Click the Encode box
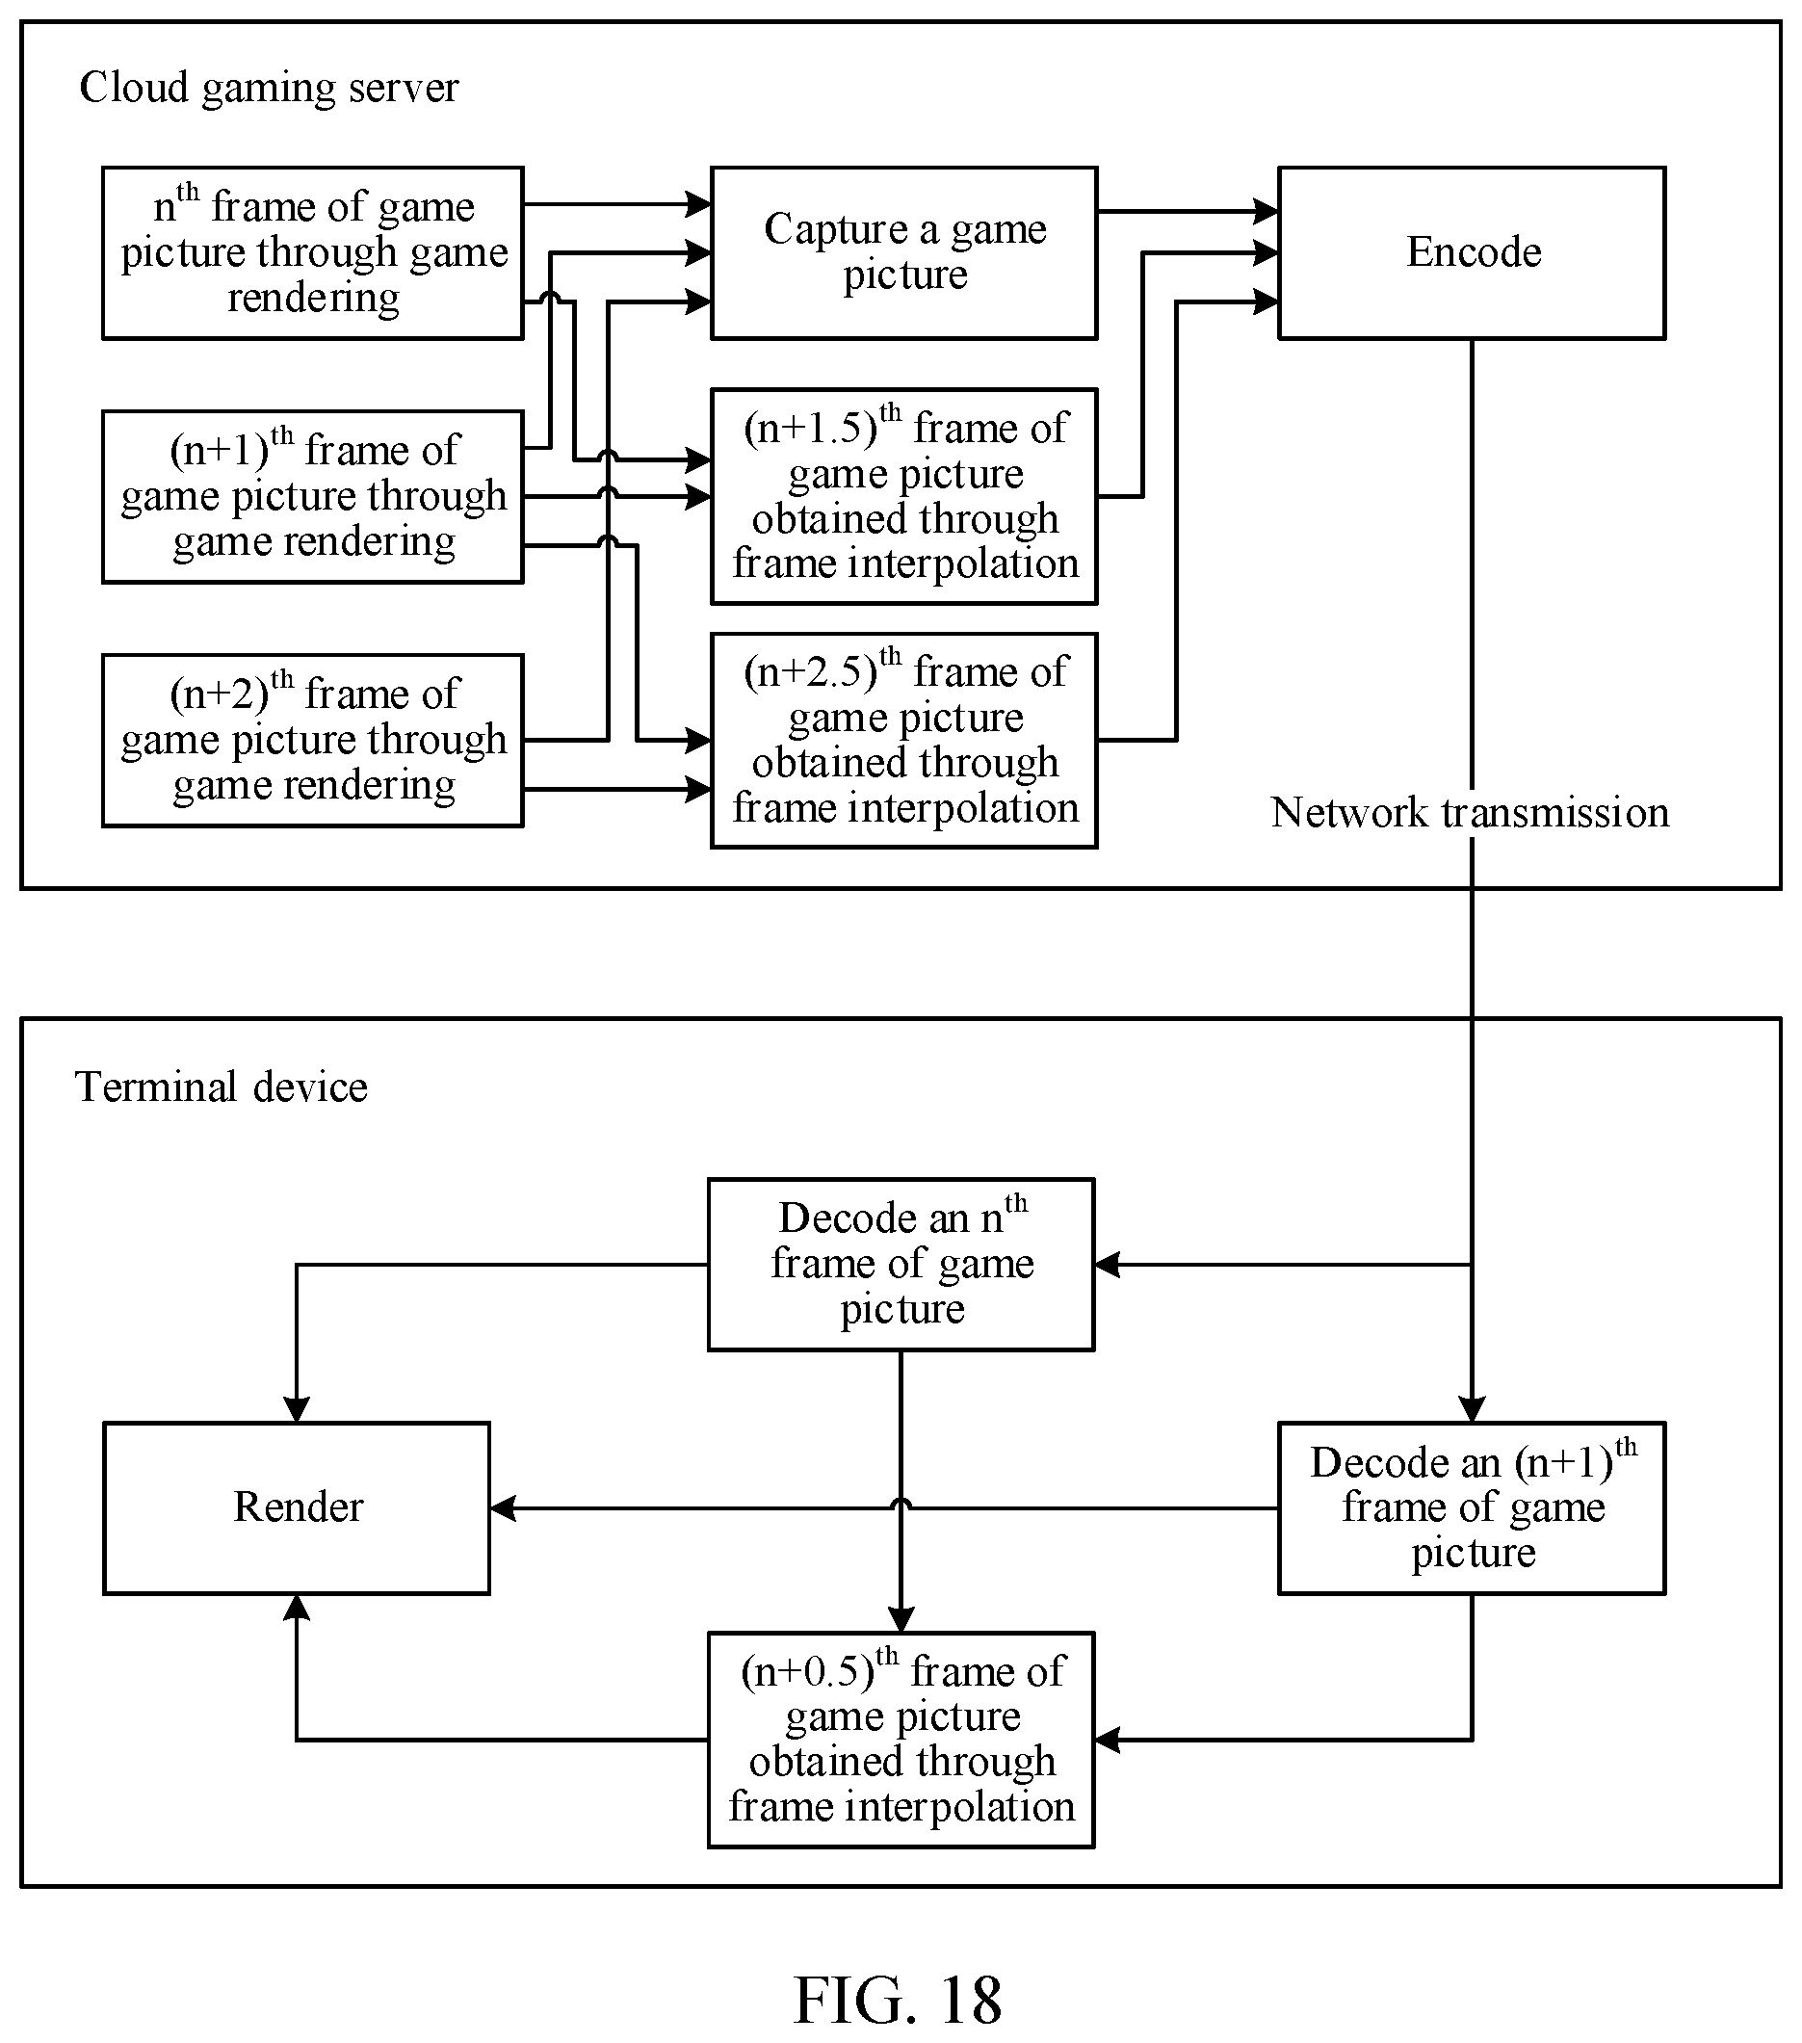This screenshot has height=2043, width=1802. (x=1472, y=253)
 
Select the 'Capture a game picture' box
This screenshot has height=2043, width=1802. (x=903, y=253)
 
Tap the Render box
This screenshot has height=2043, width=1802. (x=297, y=1507)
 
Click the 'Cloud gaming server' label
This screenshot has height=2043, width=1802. (x=269, y=88)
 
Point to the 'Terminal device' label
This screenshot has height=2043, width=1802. (x=221, y=1087)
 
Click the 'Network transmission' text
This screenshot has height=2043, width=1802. (x=1470, y=813)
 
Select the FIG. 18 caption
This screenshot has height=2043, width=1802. (x=898, y=1998)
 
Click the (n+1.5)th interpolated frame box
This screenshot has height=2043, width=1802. (x=903, y=497)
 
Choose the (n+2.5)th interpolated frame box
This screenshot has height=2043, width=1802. (x=903, y=741)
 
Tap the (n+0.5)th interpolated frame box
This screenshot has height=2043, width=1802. (x=901, y=1741)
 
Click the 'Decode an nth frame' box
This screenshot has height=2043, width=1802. (x=901, y=1265)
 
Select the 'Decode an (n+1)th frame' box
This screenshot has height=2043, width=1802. (x=1472, y=1507)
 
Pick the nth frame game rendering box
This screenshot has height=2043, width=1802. (x=313, y=253)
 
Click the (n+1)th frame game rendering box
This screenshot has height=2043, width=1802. (x=313, y=497)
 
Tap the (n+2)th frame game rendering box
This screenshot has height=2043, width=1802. (x=313, y=741)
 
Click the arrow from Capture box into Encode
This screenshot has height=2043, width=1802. (x=1188, y=211)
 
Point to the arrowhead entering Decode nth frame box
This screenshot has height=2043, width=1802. (x=1108, y=1265)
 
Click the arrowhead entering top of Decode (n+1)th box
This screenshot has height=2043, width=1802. (x=1472, y=1409)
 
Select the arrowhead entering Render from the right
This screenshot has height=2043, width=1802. (x=503, y=1507)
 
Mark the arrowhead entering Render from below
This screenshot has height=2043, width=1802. (x=296, y=1608)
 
